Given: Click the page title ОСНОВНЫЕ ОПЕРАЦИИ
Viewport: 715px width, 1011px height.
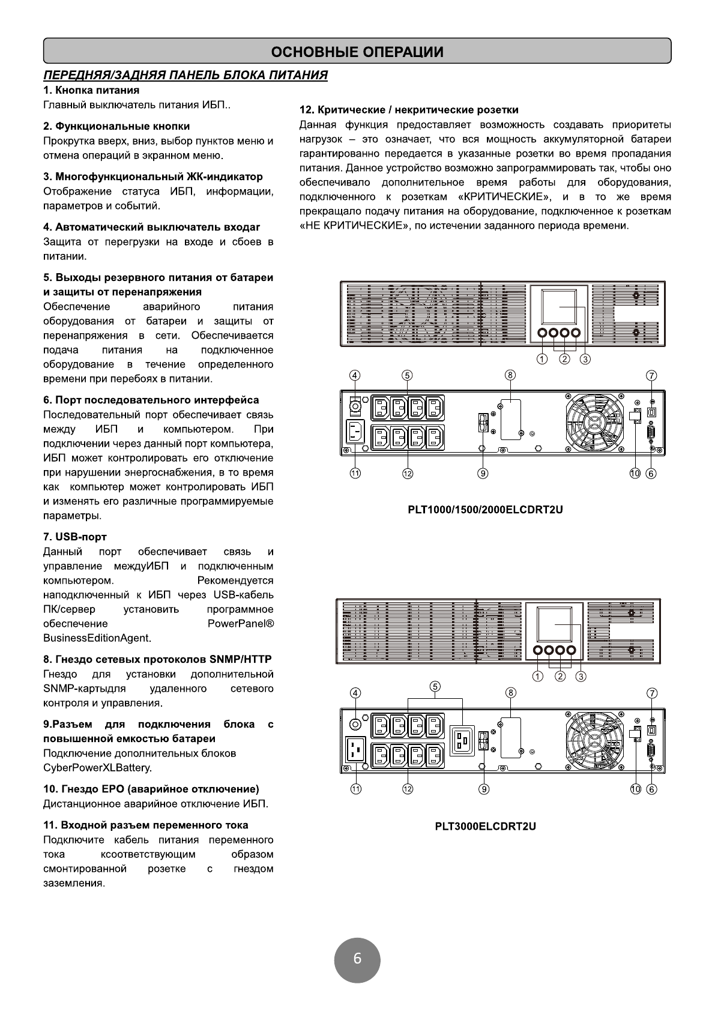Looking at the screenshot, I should (x=357, y=52).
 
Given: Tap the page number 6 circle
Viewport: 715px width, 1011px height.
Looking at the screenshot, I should (x=357, y=959).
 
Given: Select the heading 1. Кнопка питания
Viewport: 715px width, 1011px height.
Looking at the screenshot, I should (x=91, y=90).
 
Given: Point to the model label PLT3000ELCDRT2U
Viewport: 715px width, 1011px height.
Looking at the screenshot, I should (x=485, y=826).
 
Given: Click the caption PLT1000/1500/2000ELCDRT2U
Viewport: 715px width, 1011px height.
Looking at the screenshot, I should (x=485, y=510).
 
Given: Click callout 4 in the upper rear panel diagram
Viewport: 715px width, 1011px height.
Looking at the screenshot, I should (x=355, y=375).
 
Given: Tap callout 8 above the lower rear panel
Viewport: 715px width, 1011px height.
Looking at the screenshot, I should (x=510, y=692).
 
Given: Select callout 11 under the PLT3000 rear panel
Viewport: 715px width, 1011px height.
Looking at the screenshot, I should (x=355, y=789).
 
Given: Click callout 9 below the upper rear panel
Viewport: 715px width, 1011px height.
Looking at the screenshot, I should (x=483, y=473).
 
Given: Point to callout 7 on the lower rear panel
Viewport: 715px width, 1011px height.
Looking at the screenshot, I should (x=652, y=692).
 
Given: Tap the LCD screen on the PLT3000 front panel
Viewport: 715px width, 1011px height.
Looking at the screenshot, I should (x=554, y=624).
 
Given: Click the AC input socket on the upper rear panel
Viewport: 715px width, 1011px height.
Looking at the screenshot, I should (x=355, y=432).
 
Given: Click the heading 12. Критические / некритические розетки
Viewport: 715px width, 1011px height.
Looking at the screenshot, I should (x=409, y=110).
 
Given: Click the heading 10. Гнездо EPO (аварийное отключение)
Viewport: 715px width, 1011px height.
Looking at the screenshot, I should (x=151, y=789).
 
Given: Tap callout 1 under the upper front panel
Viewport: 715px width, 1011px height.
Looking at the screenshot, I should (x=542, y=359).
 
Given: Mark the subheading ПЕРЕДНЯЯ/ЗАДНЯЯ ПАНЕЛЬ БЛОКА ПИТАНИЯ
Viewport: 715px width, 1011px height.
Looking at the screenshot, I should (x=186, y=75).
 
